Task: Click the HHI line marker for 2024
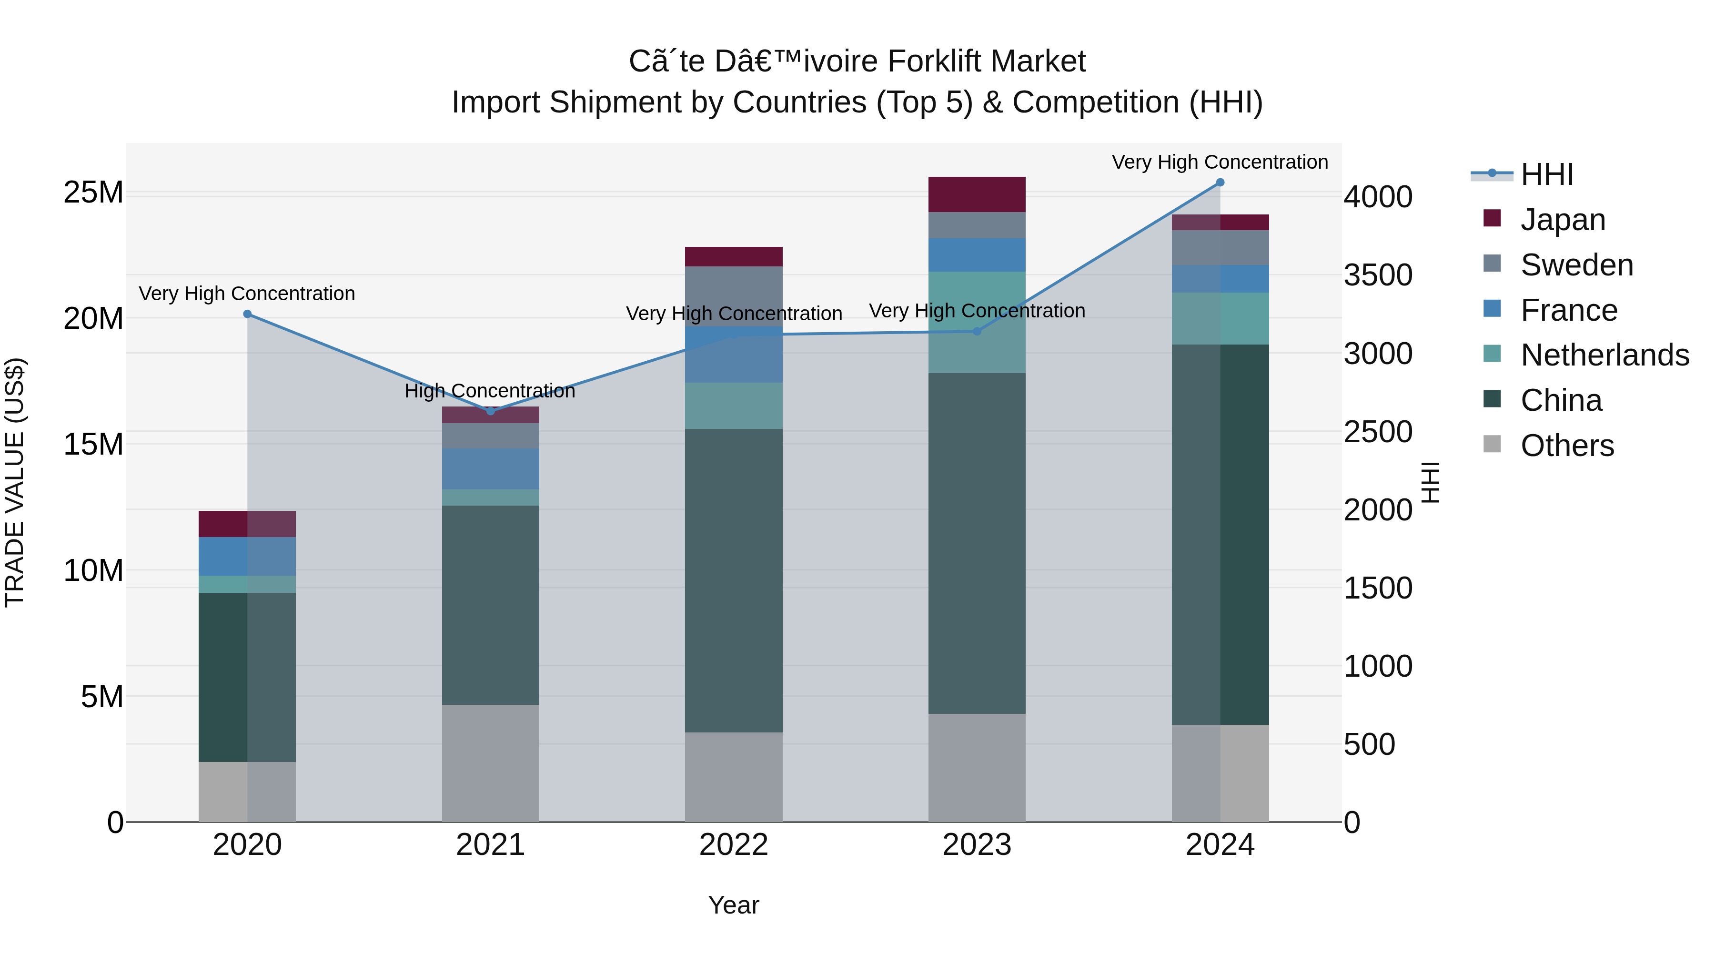1220,182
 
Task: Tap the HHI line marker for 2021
491,411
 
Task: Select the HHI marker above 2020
247,314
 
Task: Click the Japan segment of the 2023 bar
977,194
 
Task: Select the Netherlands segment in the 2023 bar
977,322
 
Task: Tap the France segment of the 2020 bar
247,556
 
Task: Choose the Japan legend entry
1563,220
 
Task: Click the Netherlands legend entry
1604,355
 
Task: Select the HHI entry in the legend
1546,174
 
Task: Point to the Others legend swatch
1492,444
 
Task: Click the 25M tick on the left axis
93,193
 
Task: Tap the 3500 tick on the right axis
1377,275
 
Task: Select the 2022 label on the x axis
734,845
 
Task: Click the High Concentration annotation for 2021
490,391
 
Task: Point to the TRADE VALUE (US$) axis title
15,482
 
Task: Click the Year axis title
733,905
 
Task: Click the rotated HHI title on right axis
1431,482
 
